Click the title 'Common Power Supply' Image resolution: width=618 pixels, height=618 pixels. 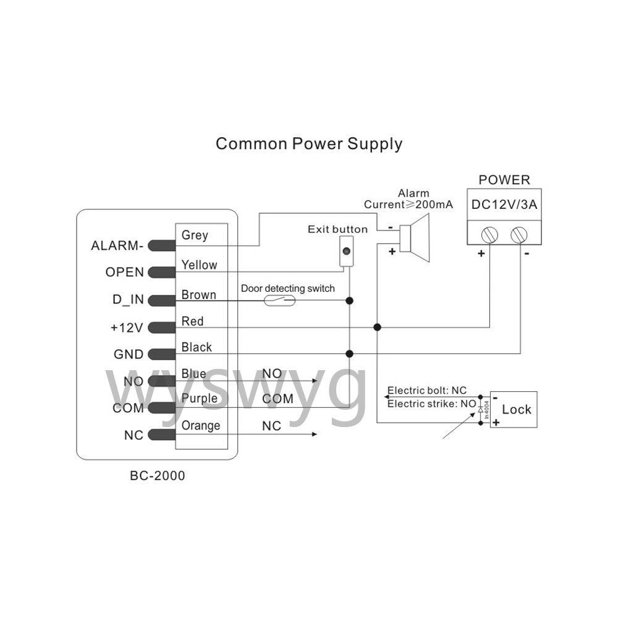[x=309, y=144]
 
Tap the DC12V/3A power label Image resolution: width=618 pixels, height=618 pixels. [x=504, y=205]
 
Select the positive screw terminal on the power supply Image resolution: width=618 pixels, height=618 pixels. [x=489, y=235]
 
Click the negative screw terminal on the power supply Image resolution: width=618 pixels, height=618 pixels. [x=519, y=235]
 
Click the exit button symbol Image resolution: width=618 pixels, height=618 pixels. [x=347, y=251]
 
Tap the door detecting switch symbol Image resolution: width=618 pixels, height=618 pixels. [x=279, y=301]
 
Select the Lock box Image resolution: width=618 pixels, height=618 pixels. [x=514, y=410]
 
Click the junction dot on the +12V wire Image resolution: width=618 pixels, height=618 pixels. [x=377, y=327]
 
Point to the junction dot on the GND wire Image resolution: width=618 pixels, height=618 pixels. [x=349, y=354]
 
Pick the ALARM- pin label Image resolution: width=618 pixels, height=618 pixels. [x=117, y=245]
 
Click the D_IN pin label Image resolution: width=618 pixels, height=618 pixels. [x=128, y=300]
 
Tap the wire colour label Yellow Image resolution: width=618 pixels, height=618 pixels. [x=199, y=265]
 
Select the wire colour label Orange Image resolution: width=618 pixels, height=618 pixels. [x=201, y=426]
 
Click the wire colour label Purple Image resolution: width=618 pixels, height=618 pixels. [x=200, y=399]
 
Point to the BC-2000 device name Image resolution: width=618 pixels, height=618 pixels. [x=157, y=476]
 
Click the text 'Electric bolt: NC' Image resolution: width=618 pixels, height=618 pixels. [x=427, y=391]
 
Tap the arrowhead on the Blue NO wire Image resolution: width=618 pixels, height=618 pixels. [x=315, y=381]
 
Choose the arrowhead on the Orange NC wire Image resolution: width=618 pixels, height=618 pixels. [x=315, y=434]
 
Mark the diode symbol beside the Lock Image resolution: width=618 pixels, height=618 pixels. [x=480, y=410]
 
